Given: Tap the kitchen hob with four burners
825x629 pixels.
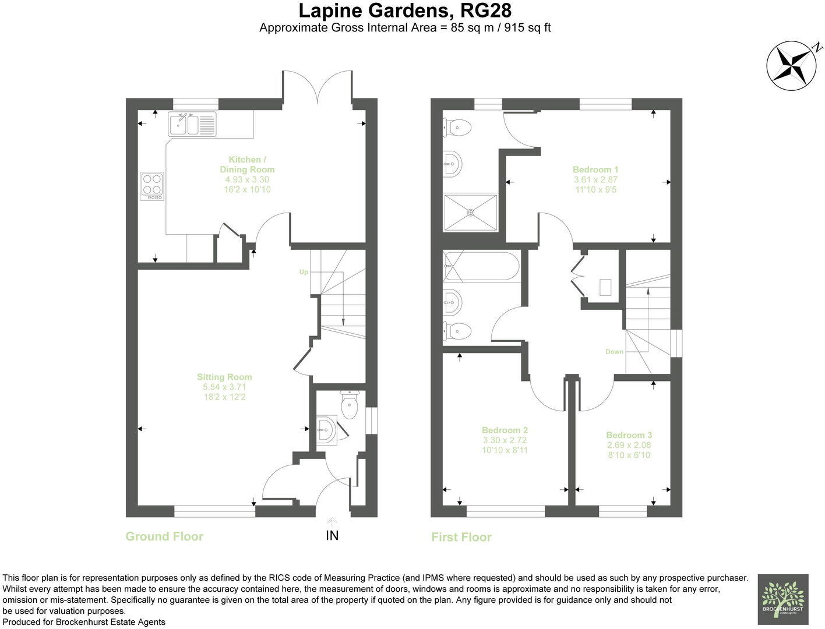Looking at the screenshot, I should [152, 186].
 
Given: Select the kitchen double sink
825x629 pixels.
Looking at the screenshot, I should [192, 124].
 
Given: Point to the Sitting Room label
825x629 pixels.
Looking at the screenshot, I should [224, 377].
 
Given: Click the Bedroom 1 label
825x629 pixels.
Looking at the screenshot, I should [595, 169].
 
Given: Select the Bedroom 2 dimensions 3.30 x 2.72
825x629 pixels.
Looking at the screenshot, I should [505, 440].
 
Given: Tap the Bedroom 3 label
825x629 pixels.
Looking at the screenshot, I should [629, 435].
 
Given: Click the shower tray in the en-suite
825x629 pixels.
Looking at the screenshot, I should [471, 212].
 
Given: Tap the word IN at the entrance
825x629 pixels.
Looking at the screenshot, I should [332, 535].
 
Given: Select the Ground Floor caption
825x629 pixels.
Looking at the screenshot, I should [164, 536].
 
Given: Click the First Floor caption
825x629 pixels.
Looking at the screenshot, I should [461, 537].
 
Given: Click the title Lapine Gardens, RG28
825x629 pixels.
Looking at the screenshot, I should [405, 10].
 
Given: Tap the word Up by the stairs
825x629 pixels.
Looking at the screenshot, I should [304, 272].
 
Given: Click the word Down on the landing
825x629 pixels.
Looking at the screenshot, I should [614, 352].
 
